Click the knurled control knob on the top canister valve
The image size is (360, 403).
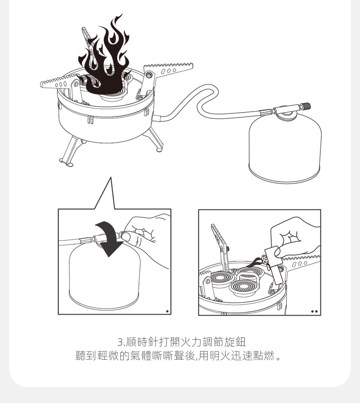(x=307, y=106)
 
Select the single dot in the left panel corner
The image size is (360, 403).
(x=167, y=311)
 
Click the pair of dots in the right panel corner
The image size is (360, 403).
(x=314, y=311)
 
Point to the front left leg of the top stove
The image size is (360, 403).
(x=69, y=152)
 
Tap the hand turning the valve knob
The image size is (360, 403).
(x=147, y=236)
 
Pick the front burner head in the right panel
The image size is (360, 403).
(x=243, y=287)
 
